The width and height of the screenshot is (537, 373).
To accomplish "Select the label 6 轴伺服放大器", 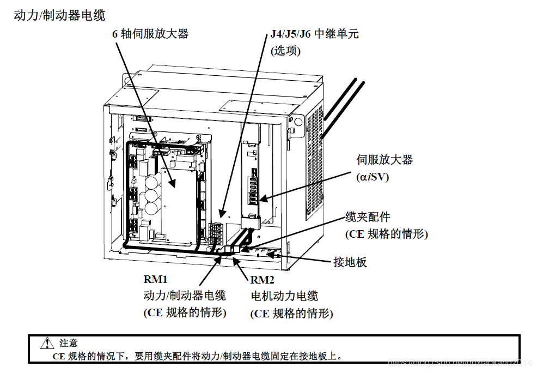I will (x=150, y=34).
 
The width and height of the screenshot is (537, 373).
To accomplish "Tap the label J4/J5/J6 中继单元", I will (x=315, y=34).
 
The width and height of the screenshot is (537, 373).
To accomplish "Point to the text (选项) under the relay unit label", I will (x=286, y=51).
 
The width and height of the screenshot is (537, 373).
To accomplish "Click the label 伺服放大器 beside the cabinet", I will (x=385, y=160).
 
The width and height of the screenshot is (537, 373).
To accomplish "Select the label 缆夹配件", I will (x=368, y=217).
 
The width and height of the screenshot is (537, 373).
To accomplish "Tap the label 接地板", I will (x=350, y=262).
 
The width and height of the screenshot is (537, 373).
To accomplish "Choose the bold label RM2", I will (x=263, y=280).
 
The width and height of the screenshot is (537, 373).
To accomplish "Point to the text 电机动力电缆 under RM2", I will (x=284, y=296).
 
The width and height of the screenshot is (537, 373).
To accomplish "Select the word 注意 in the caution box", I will (x=69, y=343).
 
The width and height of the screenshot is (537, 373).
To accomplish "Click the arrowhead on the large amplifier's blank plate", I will (x=173, y=186).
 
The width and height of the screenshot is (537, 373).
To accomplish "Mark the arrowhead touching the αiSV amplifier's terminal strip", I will (x=261, y=200).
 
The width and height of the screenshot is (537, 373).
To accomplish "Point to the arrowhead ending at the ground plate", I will (x=280, y=255).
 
